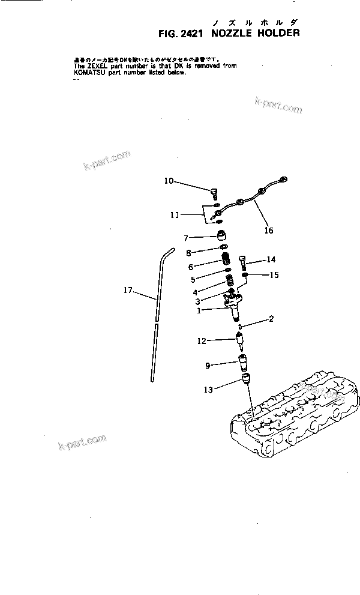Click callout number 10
[169, 180]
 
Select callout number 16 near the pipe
[268, 230]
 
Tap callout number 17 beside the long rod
[128, 290]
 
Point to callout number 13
[208, 390]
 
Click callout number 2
[271, 319]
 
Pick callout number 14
[271, 259]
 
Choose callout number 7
[169, 238]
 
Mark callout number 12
[202, 340]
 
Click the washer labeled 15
[245, 275]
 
